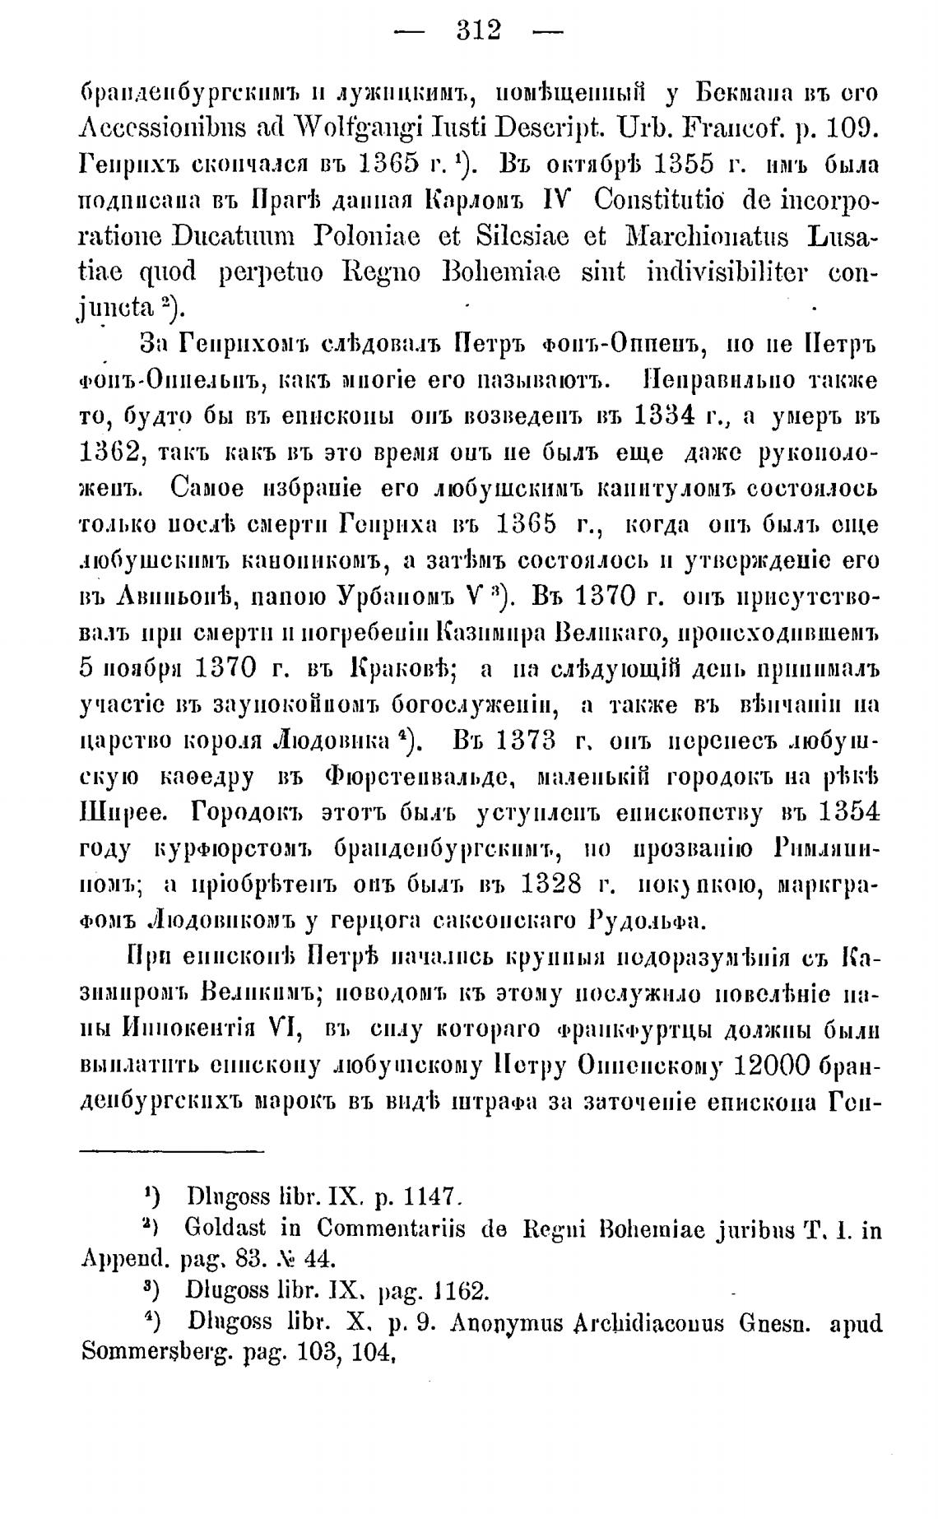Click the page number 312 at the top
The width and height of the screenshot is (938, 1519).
click(x=478, y=30)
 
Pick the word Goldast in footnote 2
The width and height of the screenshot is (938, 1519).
click(x=225, y=1229)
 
